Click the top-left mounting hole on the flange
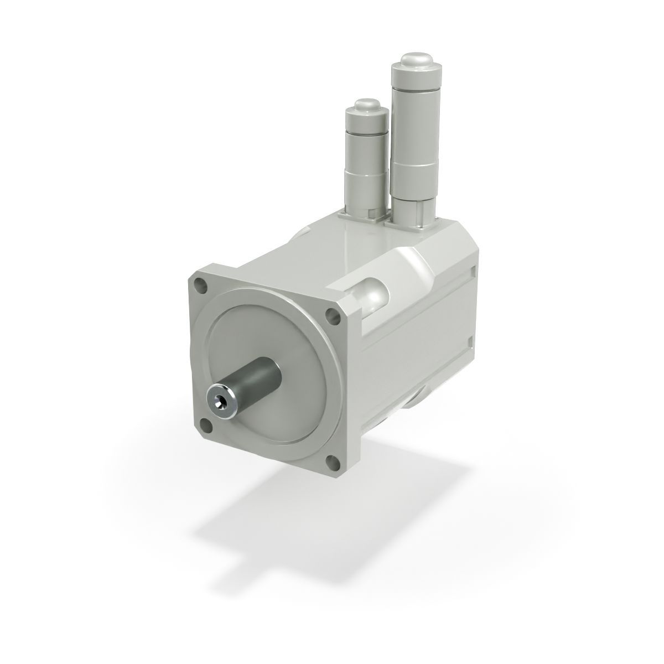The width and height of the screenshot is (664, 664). (200, 286)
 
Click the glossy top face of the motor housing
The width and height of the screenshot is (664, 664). (332, 243)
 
